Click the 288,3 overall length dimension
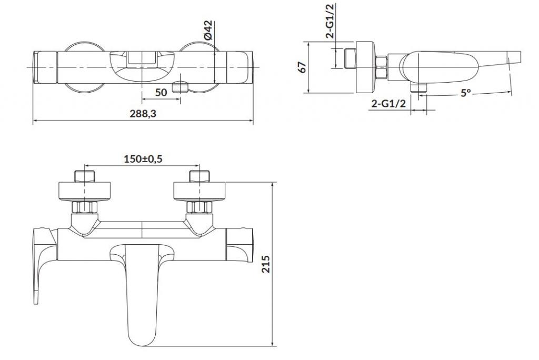pos(143,114)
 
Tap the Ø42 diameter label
pos(208,30)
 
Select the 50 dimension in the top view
pos(161,92)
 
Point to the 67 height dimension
pos(302,67)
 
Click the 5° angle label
pos(465,93)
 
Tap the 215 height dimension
pos(266,264)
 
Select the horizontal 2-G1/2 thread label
pos(388,103)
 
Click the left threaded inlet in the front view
pos(85,176)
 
